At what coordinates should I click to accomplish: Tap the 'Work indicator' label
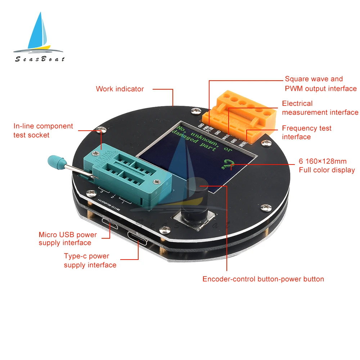(x=120, y=89)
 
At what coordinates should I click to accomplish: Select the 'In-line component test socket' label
(x=43, y=131)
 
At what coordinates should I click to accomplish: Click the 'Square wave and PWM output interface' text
(x=320, y=84)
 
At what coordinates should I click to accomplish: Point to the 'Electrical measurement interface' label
(x=320, y=108)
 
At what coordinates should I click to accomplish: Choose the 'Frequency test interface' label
(x=307, y=132)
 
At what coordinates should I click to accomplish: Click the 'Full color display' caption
(x=327, y=166)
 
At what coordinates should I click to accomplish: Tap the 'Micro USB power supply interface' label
(x=68, y=239)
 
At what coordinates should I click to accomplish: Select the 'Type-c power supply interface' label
(x=90, y=261)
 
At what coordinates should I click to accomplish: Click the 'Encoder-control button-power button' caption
(x=263, y=279)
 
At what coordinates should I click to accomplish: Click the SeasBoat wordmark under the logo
(x=40, y=59)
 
